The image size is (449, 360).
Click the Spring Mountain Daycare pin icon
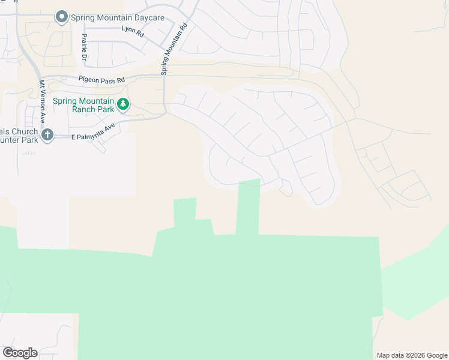61,17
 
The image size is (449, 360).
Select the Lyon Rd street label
133,28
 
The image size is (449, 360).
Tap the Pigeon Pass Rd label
101,79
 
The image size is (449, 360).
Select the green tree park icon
122,105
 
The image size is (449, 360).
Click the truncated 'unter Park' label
19,140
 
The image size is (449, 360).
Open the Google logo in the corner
20,353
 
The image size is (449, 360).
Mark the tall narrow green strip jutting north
249,207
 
